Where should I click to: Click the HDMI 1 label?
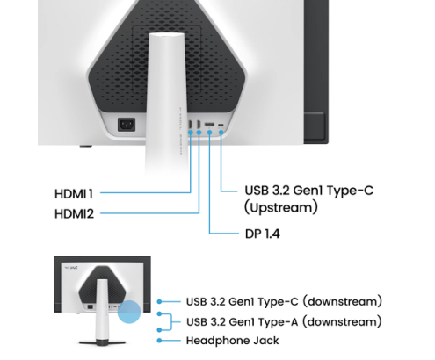click(74, 194)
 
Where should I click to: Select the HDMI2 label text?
click(74, 214)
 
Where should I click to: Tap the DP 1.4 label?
click(263, 234)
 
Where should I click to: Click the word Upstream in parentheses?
click(281, 207)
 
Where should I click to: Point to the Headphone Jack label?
click(233, 341)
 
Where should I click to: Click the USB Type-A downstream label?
click(284, 321)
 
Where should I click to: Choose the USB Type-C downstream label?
click(284, 301)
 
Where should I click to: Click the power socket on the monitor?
click(127, 125)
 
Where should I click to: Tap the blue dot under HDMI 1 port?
click(191, 133)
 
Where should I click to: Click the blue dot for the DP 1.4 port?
click(209, 133)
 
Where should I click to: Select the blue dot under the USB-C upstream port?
click(221, 133)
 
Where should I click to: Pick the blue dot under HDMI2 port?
click(199, 133)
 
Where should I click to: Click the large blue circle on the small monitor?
click(129, 312)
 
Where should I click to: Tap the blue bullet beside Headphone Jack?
click(159, 341)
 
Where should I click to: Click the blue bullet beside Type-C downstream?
click(159, 301)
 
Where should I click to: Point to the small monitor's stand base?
click(102, 342)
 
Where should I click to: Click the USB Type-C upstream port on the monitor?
click(221, 125)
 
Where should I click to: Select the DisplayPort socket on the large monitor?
click(209, 125)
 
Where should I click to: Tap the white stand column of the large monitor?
click(164, 103)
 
